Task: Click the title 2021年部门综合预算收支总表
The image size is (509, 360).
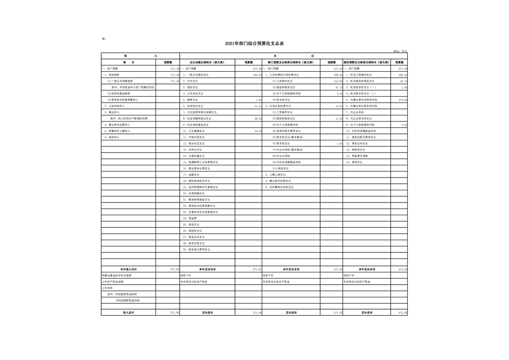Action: pyautogui.click(x=254, y=44)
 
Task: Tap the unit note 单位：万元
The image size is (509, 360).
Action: pyautogui.click(x=400, y=51)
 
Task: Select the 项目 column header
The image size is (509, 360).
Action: pyautogui.click(x=128, y=62)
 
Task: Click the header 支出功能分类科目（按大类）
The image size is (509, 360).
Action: pyautogui.click(x=207, y=62)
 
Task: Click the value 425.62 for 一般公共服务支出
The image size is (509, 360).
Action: pyautogui.click(x=257, y=74)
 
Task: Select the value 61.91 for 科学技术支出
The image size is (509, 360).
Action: pyautogui.click(x=258, y=106)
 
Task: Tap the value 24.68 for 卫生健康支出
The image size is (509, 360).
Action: pyautogui.click(x=258, y=131)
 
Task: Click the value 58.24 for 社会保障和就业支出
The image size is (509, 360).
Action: pyautogui.click(x=258, y=118)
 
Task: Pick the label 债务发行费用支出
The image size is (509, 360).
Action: pyautogui.click(x=197, y=249)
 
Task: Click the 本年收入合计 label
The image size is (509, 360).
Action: pyautogui.click(x=128, y=269)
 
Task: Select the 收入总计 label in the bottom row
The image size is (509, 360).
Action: pyautogui.click(x=128, y=312)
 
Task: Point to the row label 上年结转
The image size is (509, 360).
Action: pyautogui.click(x=107, y=288)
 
